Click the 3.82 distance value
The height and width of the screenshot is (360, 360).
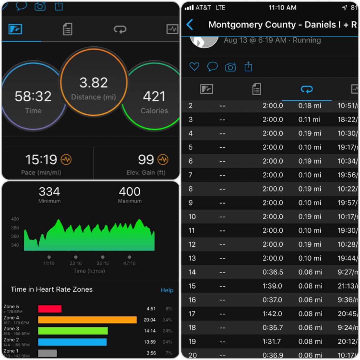coord(93,83)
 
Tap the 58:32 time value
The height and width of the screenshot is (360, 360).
coord(33,96)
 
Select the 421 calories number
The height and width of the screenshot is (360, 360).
coord(154,96)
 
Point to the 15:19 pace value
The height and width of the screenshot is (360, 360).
coord(41,160)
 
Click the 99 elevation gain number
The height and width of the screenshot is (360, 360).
coord(146,160)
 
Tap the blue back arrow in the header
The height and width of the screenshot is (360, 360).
coord(190,25)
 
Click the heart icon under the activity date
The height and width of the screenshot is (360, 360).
coord(194,67)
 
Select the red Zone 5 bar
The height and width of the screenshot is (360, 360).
coord(50,309)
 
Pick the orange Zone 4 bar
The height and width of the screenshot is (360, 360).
coord(87,320)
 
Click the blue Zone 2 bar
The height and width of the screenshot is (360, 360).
coord(72,342)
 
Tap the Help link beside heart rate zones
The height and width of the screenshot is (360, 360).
coord(167,290)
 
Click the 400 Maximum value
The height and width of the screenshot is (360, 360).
coord(130,192)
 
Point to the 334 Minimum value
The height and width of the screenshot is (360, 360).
coord(49,192)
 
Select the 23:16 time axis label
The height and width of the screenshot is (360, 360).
coord(76,263)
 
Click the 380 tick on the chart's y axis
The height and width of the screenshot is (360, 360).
coord(15,228)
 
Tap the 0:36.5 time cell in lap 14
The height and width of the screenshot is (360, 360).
coord(273,272)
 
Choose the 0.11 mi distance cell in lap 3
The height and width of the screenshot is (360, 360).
coord(309,120)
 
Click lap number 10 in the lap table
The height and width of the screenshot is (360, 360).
coord(192,217)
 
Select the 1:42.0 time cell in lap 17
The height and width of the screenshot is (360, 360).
coord(272,314)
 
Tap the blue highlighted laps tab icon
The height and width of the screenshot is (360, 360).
coord(307,89)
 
